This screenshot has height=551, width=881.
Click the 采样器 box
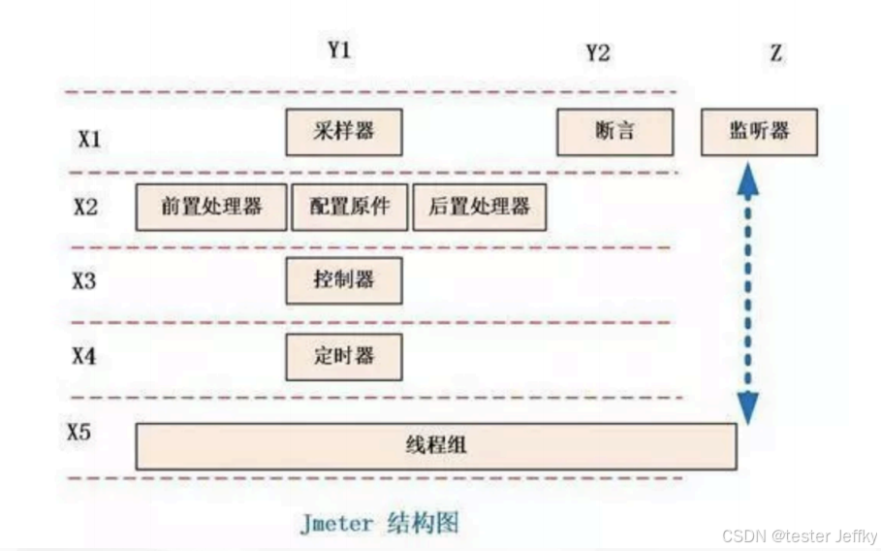[343, 132]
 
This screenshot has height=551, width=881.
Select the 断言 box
[614, 132]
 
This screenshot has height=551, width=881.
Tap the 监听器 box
[759, 132]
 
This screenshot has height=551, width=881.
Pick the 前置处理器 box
[211, 207]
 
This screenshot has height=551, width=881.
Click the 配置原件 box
[349, 207]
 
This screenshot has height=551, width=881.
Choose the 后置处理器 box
[479, 207]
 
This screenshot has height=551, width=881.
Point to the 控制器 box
[343, 281]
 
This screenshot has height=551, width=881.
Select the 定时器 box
[343, 356]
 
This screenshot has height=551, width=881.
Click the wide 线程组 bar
[435, 446]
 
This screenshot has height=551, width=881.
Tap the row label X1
[89, 139]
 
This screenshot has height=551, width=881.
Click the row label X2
[85, 207]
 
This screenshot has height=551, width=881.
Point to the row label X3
[84, 281]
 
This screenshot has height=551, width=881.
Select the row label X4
[84, 356]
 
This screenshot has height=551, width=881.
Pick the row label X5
[79, 432]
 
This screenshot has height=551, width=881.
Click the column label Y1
[338, 50]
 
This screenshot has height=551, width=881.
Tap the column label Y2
[598, 52]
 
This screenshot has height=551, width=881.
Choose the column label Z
[775, 53]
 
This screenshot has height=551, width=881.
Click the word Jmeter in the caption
[335, 524]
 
